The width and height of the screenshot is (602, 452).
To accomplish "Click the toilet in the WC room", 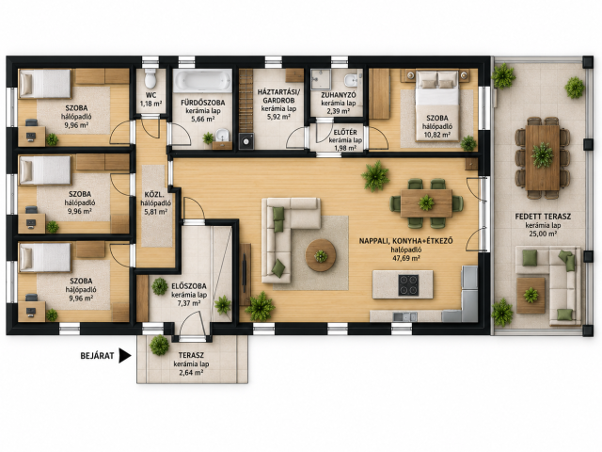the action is pos(150,79).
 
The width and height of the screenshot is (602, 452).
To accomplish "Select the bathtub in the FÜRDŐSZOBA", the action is pos(202,80).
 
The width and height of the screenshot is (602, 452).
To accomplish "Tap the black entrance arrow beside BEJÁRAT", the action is pos(125,356).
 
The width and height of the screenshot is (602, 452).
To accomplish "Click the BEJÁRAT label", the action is pos(97,356).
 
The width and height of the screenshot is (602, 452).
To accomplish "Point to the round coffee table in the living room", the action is pos(321,255).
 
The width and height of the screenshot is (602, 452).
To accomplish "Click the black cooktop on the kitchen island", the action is pos(408,284).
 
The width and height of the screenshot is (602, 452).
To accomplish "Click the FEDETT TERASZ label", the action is pos(543,217).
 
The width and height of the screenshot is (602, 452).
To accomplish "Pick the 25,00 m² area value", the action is pos(543,234).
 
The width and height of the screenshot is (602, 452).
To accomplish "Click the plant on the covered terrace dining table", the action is pos(542,154).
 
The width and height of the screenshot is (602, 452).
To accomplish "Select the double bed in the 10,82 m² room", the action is pos(437,105).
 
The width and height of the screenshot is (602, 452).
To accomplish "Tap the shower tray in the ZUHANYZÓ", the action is pos(321,79).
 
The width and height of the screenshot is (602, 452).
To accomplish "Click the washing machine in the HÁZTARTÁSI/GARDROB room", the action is pos(246,141).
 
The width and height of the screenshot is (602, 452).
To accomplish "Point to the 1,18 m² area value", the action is pos(150,104).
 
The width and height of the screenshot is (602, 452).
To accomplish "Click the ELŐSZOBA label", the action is pos(189,286).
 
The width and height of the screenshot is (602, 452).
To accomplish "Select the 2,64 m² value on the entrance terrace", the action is pos(191,373).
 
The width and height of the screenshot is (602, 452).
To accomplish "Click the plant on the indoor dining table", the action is pos(426,202).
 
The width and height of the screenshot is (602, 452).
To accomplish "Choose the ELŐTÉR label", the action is pos(345,132).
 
